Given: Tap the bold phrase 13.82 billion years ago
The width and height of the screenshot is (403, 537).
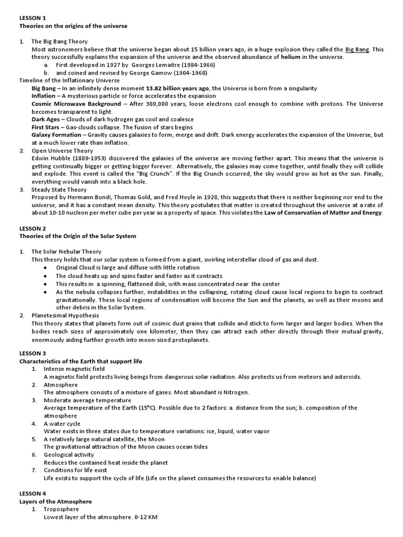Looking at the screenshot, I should (177, 89).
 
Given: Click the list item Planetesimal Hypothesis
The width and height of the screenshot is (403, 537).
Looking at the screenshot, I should (65, 316).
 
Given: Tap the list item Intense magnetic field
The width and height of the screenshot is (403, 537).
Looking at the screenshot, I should (75, 369).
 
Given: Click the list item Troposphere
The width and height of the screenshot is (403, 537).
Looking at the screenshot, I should (61, 509).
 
